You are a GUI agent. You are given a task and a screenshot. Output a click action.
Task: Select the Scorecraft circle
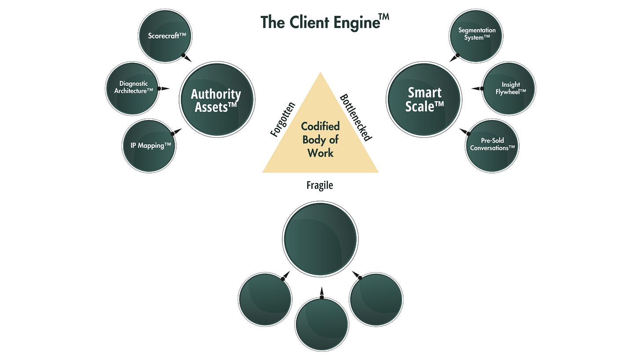[165, 35]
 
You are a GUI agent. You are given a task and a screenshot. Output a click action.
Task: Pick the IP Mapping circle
[149, 146]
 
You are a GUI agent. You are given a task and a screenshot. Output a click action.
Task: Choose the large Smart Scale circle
[424, 99]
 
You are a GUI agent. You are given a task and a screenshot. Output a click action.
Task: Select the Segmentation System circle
[476, 34]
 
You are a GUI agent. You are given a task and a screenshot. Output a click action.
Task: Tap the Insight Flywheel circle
[509, 88]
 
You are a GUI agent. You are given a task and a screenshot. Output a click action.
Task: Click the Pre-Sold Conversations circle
[492, 145]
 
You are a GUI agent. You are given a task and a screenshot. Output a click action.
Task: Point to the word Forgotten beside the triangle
[283, 120]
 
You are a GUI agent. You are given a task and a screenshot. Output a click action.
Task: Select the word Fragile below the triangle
[320, 185]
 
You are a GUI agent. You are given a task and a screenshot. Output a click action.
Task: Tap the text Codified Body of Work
[320, 140]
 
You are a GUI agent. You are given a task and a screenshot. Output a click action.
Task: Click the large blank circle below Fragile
[320, 239]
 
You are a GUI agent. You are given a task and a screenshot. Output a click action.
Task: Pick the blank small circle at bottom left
[265, 299]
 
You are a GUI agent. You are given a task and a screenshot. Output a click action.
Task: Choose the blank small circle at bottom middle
[321, 324]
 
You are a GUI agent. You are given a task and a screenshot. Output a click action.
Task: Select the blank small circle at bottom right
[376, 299]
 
